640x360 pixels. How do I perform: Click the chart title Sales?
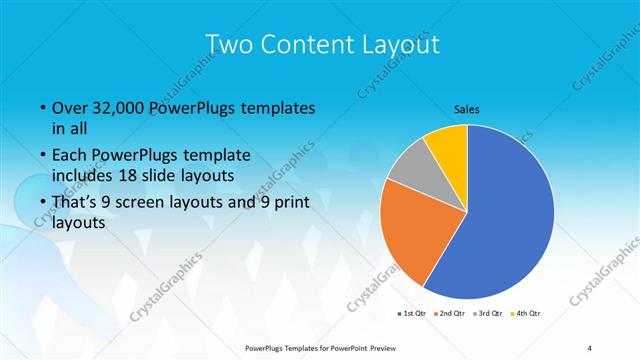click(x=467, y=108)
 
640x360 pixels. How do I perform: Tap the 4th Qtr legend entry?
click(x=527, y=313)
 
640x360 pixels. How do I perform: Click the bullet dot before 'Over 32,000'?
click(x=42, y=108)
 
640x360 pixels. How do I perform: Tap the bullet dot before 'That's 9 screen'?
click(x=42, y=203)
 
